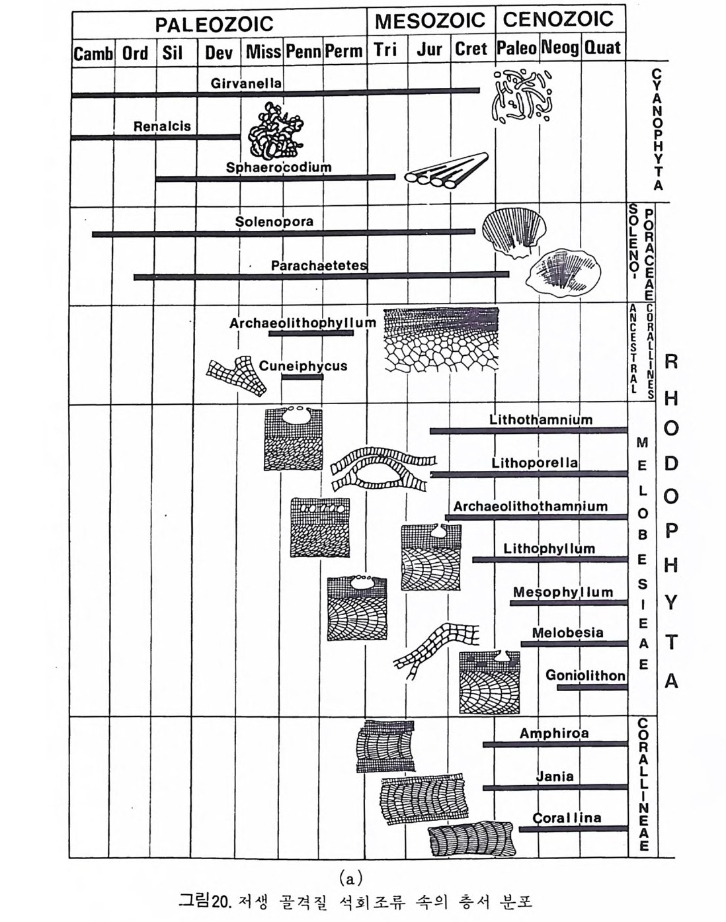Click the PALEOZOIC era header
(214, 24)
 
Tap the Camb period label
(93, 53)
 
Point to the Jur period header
(429, 49)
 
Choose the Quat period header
(602, 48)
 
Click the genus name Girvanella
(246, 83)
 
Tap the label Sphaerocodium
(278, 167)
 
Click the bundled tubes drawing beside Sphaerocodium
(447, 170)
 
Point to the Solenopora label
(274, 222)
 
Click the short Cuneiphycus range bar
(302, 377)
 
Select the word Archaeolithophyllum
(302, 323)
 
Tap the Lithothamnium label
(541, 419)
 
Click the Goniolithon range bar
(592, 688)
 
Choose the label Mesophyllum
(563, 592)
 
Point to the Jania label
(554, 776)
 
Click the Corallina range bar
(573, 829)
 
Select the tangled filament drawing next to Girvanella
(522, 96)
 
